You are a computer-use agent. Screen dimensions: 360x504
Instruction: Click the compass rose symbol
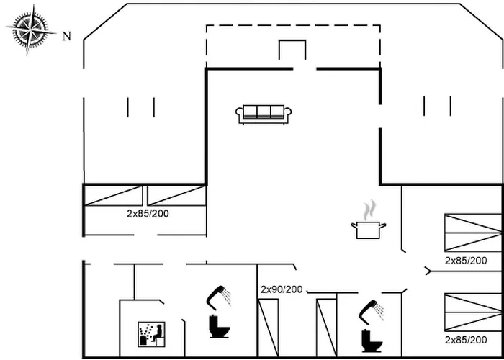point(31,30)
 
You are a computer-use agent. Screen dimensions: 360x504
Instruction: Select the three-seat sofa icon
point(264,114)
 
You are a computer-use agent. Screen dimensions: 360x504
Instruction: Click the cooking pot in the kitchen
point(369,230)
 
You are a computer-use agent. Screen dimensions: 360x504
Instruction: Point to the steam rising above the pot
point(369,210)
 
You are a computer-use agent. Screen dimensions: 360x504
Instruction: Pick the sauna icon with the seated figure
point(152,334)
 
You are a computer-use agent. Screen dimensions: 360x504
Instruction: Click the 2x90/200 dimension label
point(282,289)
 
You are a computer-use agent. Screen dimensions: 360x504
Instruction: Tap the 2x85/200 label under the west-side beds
point(147,214)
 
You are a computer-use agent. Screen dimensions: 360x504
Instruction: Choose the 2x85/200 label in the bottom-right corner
point(466,339)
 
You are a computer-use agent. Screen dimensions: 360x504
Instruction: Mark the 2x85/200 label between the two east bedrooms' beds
point(466,260)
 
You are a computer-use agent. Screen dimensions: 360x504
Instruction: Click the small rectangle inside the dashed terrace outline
point(292,51)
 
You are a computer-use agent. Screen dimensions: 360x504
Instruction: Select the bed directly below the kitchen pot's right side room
point(472,233)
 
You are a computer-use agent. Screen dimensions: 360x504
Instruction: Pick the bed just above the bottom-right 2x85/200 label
point(472,312)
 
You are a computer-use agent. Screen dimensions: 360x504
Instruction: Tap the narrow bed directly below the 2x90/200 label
point(269,328)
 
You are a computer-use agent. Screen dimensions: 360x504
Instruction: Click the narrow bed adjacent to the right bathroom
point(326,328)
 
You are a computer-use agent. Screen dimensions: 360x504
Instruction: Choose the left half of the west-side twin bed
point(114,195)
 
